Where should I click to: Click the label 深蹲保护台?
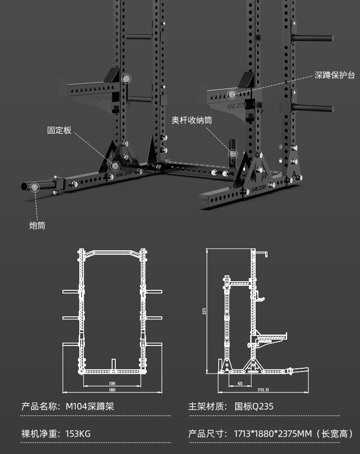point(334,75)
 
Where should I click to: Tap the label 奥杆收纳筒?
point(191,120)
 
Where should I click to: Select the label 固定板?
point(59,130)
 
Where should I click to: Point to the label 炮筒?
point(37,225)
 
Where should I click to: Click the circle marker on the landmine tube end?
point(34,186)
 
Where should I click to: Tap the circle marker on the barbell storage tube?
point(233,154)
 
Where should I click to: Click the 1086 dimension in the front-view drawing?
point(112,383)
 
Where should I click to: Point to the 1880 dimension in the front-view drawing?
point(112,390)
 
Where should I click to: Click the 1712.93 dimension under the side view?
point(263,390)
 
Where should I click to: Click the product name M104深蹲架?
point(90,406)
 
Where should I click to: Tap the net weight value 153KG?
point(78,433)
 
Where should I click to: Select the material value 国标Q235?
point(254,406)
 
